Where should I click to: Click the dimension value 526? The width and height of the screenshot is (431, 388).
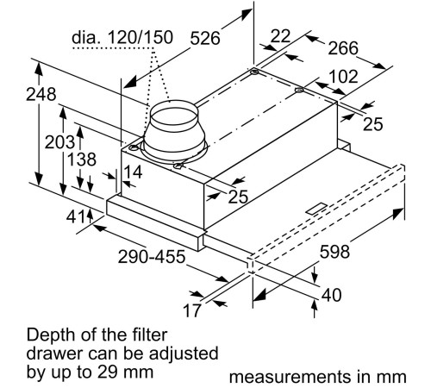click(x=204, y=38)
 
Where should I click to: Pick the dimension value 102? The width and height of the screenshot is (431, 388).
click(x=343, y=77)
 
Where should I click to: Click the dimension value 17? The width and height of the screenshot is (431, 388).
click(x=191, y=309)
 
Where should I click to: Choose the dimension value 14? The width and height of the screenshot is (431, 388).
click(x=132, y=172)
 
